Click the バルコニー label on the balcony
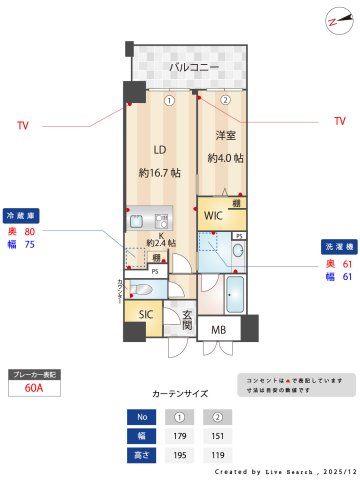[193, 67]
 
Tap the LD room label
[159, 150]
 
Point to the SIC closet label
[146, 315]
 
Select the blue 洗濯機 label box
[336, 246]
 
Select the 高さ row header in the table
[141, 454]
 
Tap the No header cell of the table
[141, 416]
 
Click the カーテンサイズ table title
[180, 394]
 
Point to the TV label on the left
[22, 126]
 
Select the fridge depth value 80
[29, 231]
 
